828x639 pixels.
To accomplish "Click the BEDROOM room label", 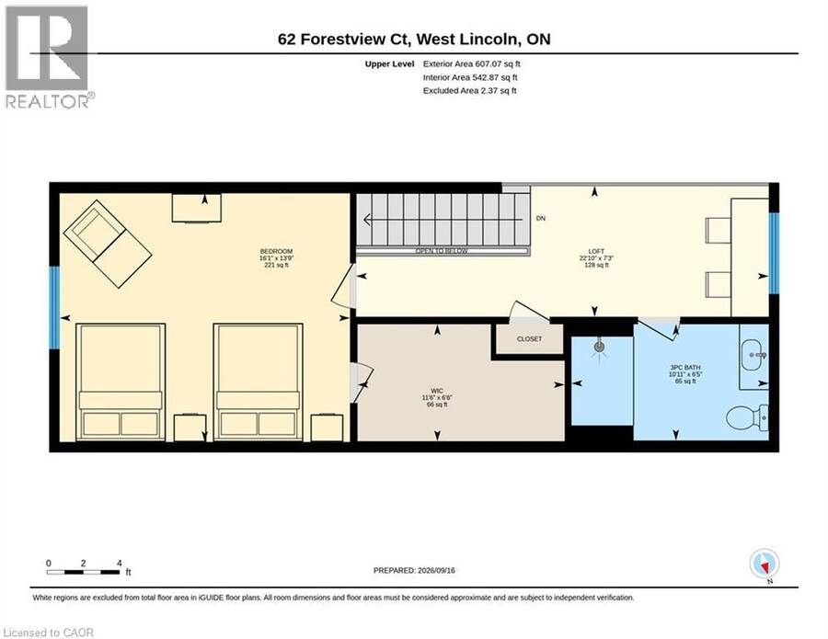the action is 276,251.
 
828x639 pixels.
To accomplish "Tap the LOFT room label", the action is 596,251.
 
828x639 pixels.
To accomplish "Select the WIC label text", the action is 437,391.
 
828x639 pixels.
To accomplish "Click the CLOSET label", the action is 529,338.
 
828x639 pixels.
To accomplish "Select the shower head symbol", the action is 599,348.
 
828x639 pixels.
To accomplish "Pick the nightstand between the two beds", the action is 190,428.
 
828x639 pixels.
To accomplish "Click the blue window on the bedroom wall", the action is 54,307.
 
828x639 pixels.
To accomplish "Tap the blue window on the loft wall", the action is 774,253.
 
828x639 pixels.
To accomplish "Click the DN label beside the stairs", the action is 541,218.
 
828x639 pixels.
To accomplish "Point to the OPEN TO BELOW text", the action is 442,251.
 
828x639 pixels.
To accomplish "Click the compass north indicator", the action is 765,565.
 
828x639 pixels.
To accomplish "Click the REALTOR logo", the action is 48,57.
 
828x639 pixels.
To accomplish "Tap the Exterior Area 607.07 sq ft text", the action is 472,63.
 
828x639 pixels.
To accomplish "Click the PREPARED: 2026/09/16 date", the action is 414,570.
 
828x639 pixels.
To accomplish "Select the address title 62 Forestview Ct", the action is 344,39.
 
